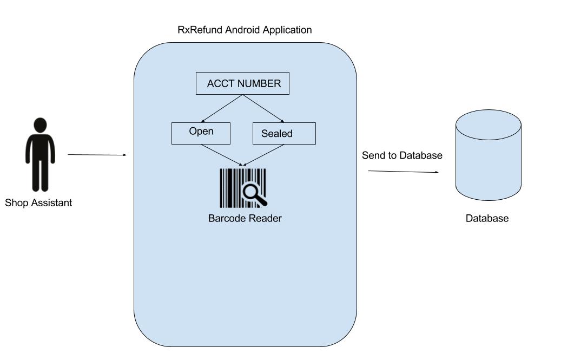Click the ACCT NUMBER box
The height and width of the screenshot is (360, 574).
[x=242, y=84]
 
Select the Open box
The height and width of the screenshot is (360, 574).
[x=201, y=133]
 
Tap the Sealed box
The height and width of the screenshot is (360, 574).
[x=284, y=134]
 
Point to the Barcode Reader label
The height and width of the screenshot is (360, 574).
[x=245, y=219]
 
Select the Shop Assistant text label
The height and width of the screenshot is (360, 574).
[x=38, y=203]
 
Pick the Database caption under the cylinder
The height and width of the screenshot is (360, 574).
[x=487, y=219]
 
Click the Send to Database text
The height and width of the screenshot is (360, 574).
[x=402, y=156]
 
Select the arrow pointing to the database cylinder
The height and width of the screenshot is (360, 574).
[x=403, y=172]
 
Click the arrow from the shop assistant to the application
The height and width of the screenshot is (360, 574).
[x=97, y=155]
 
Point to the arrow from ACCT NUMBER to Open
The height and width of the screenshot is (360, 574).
[x=222, y=108]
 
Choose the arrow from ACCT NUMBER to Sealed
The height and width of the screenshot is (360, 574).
[x=263, y=108]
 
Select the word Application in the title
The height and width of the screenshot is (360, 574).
[x=287, y=30]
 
